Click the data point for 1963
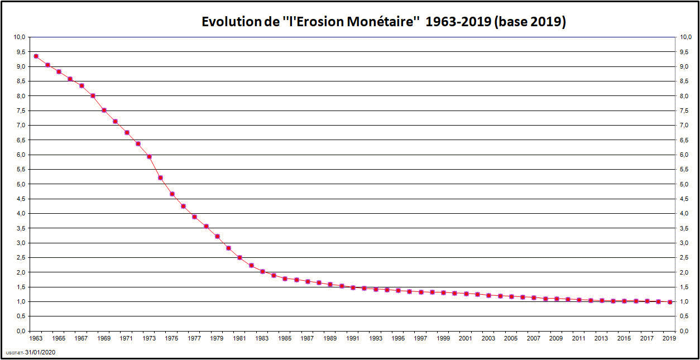[36, 56]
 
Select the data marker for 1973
[149, 156]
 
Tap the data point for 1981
[239, 257]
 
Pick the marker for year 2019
[669, 302]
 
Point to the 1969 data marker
[104, 110]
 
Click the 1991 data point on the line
[353, 287]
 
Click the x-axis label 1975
[171, 338]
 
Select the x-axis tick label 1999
[443, 338]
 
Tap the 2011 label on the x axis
[579, 338]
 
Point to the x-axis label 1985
[285, 338]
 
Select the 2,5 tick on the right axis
[685, 258]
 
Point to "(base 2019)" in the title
[530, 22]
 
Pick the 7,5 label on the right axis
[685, 111]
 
